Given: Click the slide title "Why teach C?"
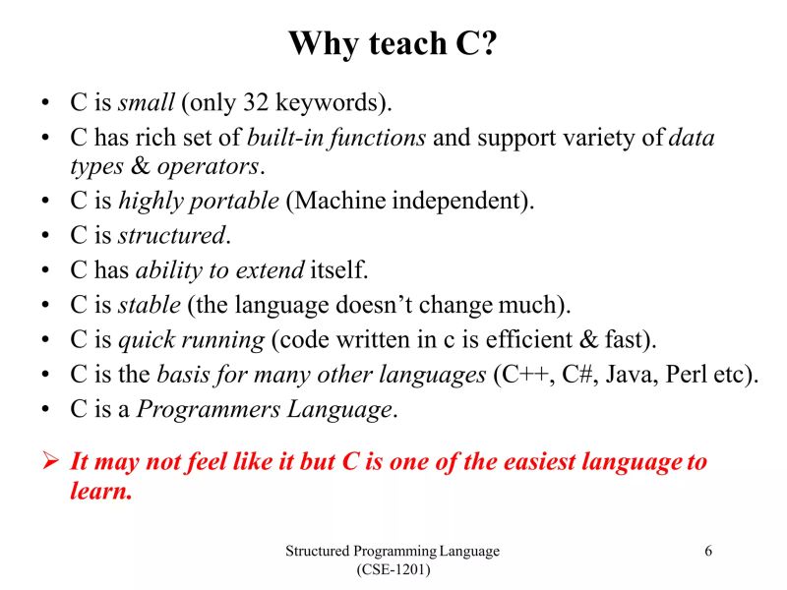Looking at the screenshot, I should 393,44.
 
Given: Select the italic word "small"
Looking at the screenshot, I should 147,102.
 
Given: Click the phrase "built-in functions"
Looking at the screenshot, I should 336,138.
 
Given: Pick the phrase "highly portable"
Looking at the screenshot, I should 199,202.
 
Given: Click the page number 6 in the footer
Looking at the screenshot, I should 707,551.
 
